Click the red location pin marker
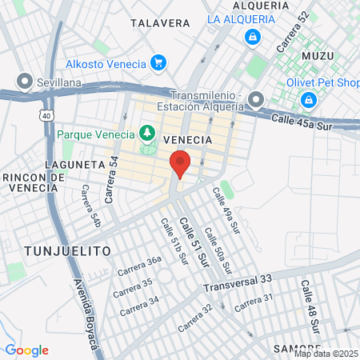pos(180,164)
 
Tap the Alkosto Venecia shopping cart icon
pos(158,63)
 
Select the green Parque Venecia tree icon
pos(147,133)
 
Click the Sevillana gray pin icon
pos(25,81)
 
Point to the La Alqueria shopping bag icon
pos(253,36)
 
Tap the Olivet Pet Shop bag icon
pos(308,100)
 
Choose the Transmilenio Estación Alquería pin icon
pos(256,100)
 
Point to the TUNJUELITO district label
pos(67,250)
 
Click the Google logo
pos(26,350)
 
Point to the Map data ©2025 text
pos(326,354)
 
